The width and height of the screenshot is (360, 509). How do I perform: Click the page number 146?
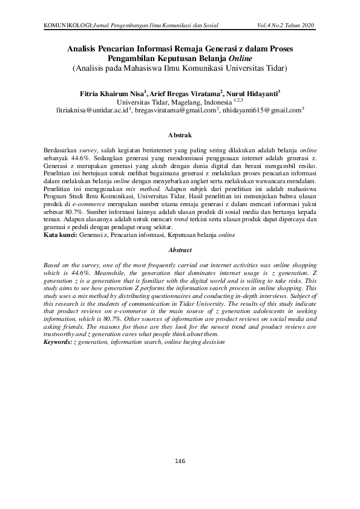pyautogui.click(x=179, y=461)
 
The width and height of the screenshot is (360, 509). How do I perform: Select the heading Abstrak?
pyautogui.click(x=180, y=134)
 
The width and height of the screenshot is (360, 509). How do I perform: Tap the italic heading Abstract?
pyautogui.click(x=180, y=250)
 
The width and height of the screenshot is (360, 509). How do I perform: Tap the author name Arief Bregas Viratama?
pyautogui.click(x=183, y=93)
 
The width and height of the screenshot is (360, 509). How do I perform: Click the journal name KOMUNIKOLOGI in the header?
pyautogui.click(x=68, y=25)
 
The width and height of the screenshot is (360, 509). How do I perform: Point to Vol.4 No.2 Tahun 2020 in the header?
pyautogui.click(x=286, y=25)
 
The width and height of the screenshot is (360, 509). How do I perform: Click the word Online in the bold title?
pyautogui.click(x=240, y=59)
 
